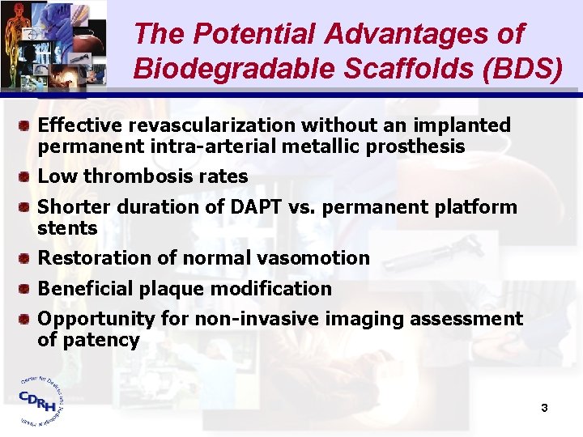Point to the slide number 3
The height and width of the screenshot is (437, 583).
click(544, 408)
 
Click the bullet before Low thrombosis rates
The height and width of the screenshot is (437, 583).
click(26, 176)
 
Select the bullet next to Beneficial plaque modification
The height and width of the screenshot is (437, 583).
click(26, 289)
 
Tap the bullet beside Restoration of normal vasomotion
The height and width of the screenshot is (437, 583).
click(26, 258)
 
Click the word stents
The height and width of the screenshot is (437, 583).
click(67, 228)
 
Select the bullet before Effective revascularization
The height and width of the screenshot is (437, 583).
click(26, 125)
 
